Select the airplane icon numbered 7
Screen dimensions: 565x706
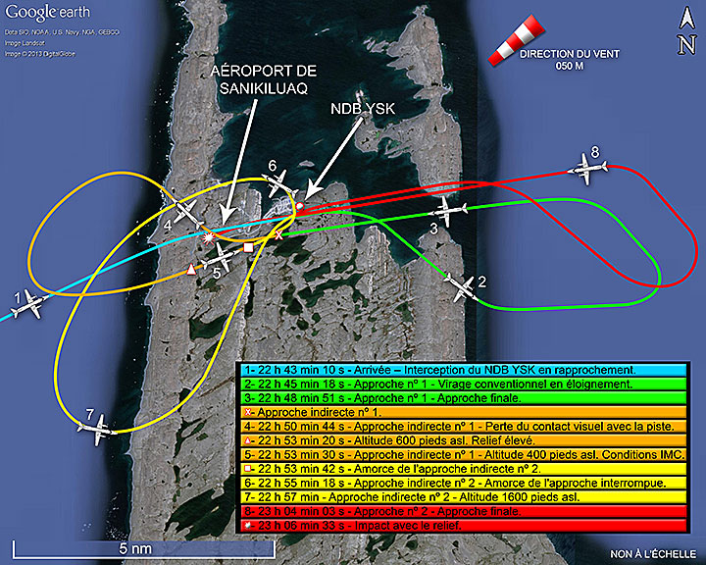coord(99,425)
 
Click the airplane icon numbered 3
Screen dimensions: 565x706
coord(448,210)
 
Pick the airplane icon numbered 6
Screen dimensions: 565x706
coord(281,183)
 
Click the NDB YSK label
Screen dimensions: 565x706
coord(362,110)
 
